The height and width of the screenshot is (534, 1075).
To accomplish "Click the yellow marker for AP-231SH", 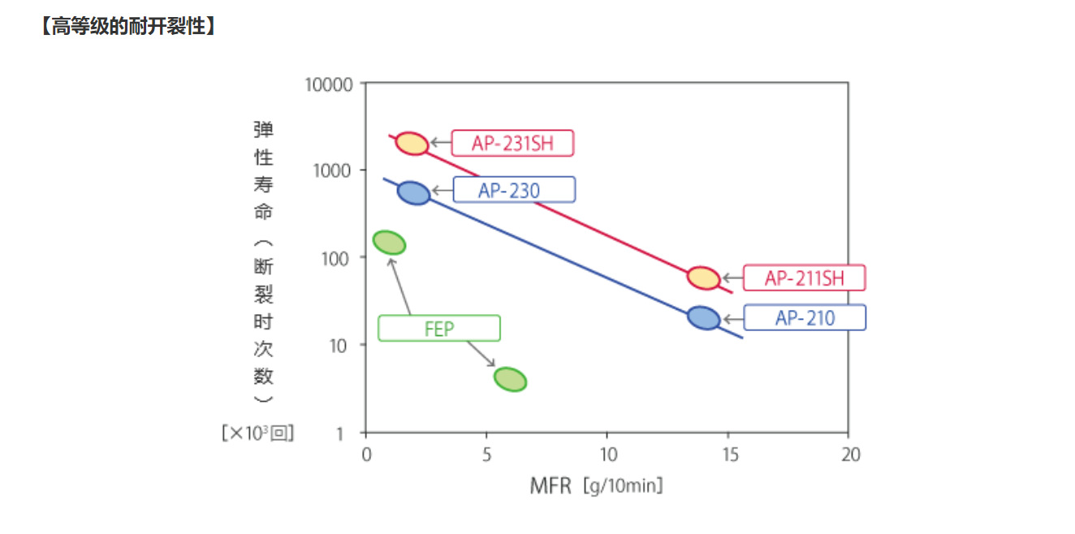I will (x=412, y=144).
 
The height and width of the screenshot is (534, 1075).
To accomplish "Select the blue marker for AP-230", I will (x=414, y=192).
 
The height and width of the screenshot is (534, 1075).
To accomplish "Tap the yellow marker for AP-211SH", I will (x=703, y=278).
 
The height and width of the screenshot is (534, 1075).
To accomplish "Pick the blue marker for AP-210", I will (x=704, y=317).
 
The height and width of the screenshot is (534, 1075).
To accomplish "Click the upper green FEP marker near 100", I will (x=389, y=242).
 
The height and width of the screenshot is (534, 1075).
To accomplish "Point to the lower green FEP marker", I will (x=510, y=379).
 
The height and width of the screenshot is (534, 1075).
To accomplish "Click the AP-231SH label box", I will (x=513, y=144).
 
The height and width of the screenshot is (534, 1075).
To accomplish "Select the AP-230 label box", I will (x=513, y=190).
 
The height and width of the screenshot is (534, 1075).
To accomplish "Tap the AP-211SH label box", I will (x=804, y=278).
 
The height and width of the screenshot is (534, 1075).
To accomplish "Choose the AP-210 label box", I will (x=804, y=317).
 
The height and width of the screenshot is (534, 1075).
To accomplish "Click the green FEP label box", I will (x=439, y=329).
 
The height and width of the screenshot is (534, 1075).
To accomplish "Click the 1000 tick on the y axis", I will (x=333, y=170).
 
